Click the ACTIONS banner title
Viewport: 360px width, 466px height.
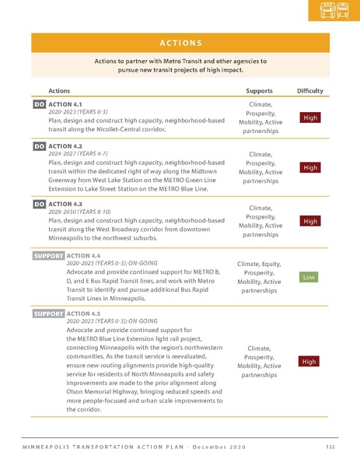[x=180, y=43]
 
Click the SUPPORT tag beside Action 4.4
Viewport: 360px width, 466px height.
[x=48, y=255]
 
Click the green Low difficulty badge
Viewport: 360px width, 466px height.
[x=309, y=277]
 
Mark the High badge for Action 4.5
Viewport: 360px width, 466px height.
[x=309, y=362]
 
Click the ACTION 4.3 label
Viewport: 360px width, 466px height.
[x=65, y=204]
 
